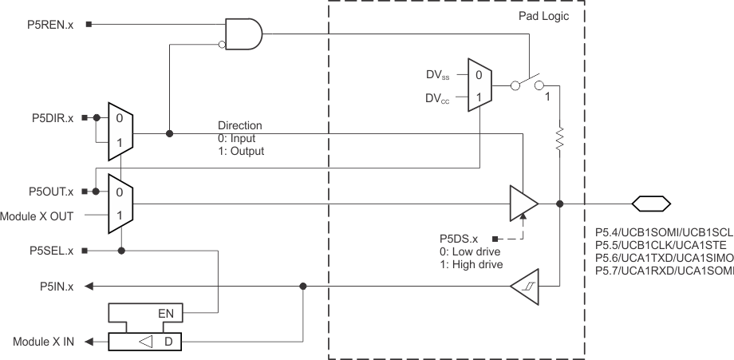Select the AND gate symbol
pos(244,34)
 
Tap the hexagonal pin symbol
pos(650,204)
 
